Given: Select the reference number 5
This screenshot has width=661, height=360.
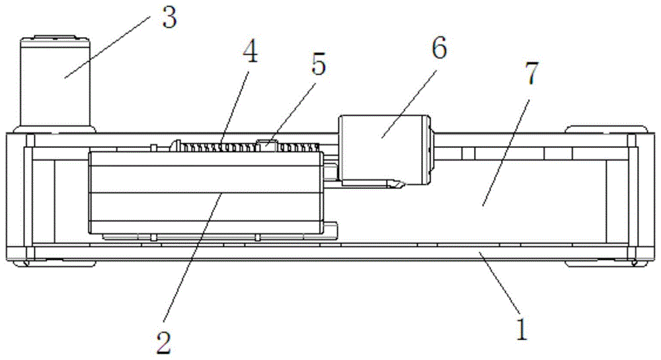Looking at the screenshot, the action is click(319, 65).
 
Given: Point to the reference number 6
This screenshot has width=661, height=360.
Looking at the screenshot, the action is click(438, 48).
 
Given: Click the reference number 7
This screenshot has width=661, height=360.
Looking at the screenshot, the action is click(531, 73).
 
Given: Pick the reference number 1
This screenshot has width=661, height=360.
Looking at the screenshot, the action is click(522, 329).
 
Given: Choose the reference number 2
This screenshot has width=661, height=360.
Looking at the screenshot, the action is click(163, 343).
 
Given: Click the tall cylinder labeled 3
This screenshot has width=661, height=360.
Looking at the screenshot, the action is click(55, 84).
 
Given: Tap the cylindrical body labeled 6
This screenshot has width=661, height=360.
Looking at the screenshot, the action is click(385, 151).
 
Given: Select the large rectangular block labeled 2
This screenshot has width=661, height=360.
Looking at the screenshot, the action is click(206, 193).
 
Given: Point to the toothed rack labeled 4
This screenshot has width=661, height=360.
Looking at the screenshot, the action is click(249, 147).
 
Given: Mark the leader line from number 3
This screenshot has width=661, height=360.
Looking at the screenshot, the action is click(108, 47).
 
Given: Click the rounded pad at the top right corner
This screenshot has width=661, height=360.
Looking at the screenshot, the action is click(606, 129).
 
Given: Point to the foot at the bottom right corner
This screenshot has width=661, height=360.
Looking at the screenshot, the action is click(606, 263).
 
